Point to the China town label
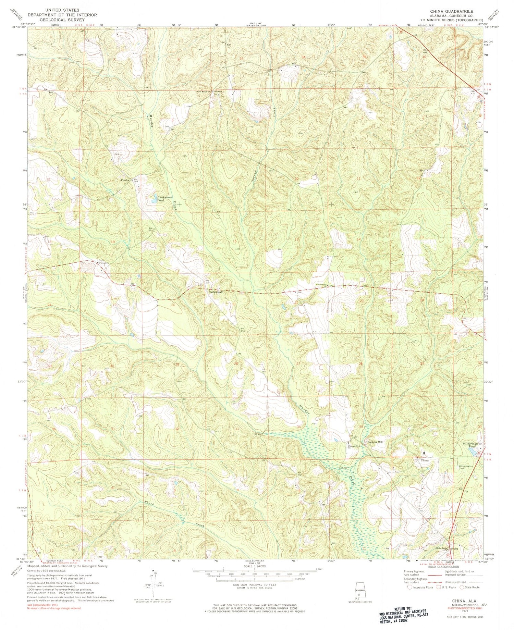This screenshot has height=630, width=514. [x=425, y=460]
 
